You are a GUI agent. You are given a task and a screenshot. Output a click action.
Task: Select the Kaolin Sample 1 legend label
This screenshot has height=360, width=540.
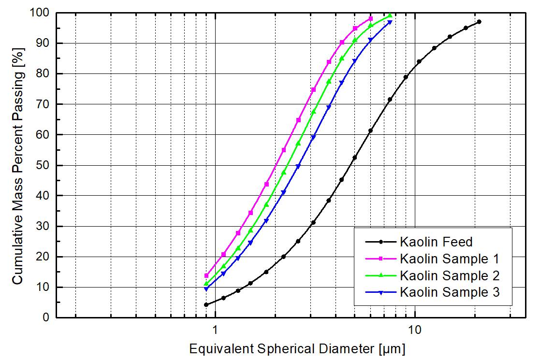click(449, 259)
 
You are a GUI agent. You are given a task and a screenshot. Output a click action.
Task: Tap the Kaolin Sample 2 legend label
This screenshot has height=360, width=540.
click(449, 275)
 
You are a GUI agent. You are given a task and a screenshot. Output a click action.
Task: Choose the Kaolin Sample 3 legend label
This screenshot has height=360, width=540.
click(449, 292)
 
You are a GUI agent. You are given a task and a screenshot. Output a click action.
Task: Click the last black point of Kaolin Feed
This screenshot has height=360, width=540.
click(479, 22)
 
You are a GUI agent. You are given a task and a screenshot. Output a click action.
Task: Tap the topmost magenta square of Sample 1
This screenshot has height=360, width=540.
click(371, 18)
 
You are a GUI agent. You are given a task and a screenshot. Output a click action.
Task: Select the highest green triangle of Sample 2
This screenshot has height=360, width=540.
click(390, 15)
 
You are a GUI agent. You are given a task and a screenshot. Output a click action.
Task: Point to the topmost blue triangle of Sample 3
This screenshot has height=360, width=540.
click(390, 22)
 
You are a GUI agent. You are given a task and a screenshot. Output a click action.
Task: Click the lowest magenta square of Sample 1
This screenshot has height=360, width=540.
click(206, 275)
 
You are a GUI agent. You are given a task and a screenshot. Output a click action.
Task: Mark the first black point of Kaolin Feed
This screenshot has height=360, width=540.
click(206, 304)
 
